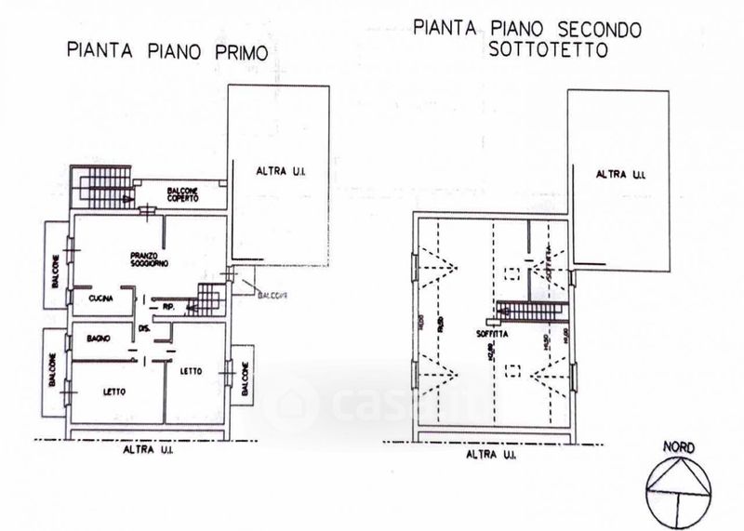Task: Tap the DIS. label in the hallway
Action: [x=143, y=327]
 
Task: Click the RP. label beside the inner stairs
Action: [x=169, y=304]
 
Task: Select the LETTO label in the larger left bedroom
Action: [x=116, y=391]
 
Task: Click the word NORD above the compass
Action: [x=679, y=446]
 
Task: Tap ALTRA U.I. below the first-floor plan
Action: [x=151, y=450]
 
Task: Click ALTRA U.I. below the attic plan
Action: [x=492, y=457]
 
